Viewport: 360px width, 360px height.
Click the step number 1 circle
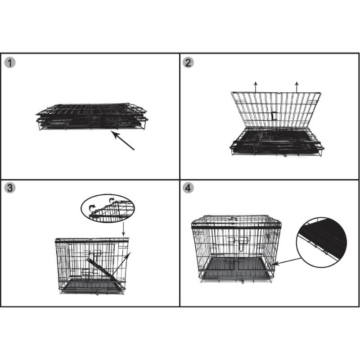pyautogui.click(x=10, y=63)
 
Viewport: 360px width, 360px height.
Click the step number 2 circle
pyautogui.click(x=188, y=63)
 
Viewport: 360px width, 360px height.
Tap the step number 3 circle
pyautogui.click(x=10, y=188)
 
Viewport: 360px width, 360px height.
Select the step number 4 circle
pyautogui.click(x=188, y=188)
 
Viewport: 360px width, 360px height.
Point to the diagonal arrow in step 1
pyautogui.click(x=123, y=140)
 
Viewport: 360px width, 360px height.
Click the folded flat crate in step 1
pyautogui.click(x=92, y=117)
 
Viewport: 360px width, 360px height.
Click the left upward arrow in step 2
pyautogui.click(x=256, y=87)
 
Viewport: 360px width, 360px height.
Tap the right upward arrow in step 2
pyautogui.click(x=297, y=87)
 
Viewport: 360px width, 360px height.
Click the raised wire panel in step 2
pyautogui.click(x=276, y=110)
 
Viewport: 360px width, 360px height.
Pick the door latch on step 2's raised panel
pyautogui.click(x=274, y=116)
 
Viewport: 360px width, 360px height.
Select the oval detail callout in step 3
pyautogui.click(x=108, y=208)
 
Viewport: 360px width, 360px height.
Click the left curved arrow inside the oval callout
pyautogui.click(x=92, y=208)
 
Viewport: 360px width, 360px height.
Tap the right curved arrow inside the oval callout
pyautogui.click(x=112, y=200)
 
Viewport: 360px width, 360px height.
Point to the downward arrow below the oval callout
pyautogui.click(x=123, y=229)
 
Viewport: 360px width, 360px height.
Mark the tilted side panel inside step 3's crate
pyautogui.click(x=105, y=272)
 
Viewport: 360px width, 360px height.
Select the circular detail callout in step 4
pyautogui.click(x=321, y=243)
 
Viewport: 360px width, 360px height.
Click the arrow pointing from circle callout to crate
pyautogui.click(x=288, y=261)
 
